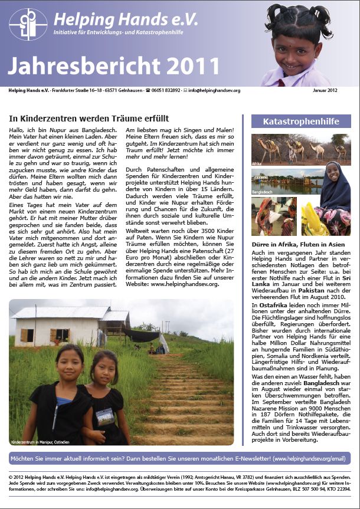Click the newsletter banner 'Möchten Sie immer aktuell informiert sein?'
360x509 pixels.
coord(179,458)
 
